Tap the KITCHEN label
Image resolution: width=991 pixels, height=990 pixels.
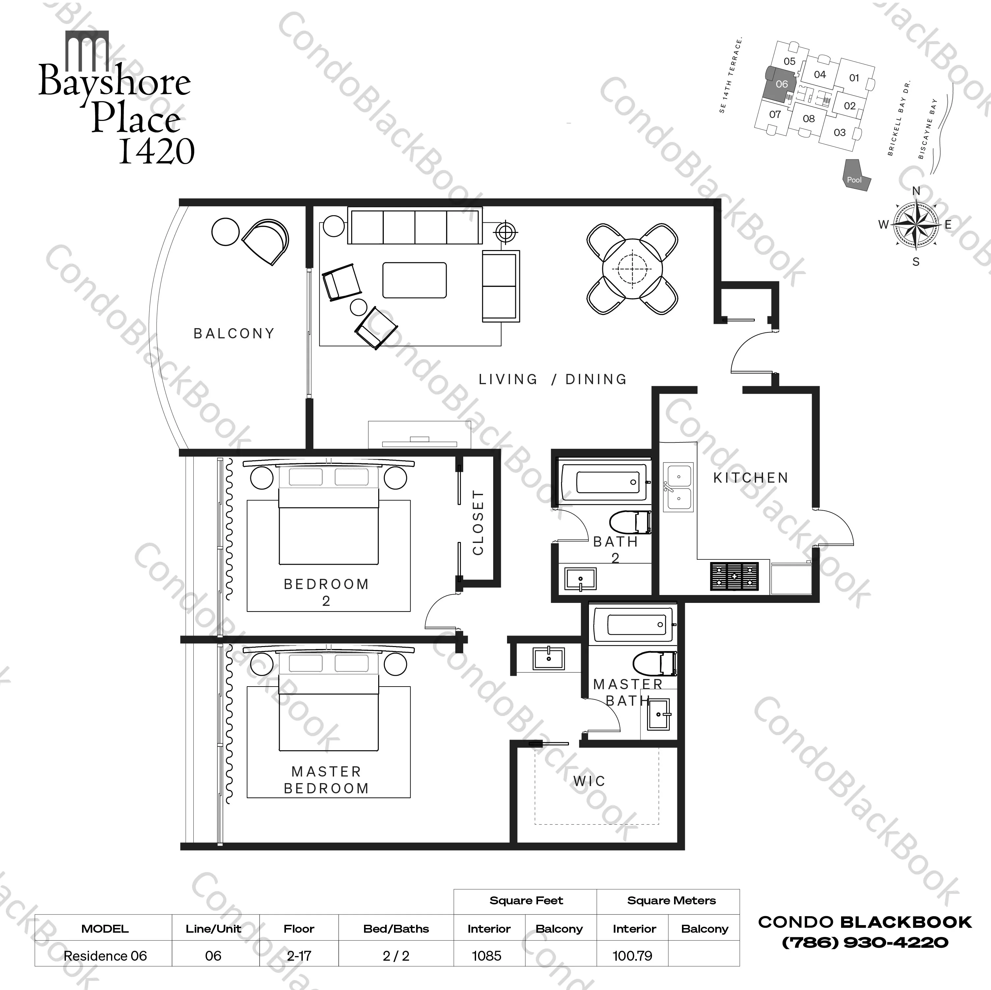750,478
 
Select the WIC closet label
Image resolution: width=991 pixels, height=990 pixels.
589,781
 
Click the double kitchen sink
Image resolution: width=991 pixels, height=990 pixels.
678,487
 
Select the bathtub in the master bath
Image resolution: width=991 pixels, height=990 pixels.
632,624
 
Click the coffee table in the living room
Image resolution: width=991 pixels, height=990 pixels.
414,280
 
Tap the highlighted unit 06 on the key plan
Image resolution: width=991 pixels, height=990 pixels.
780,85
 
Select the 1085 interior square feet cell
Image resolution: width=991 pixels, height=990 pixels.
487,956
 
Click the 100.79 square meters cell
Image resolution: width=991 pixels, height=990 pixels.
633,956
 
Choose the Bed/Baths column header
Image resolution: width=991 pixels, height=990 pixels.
396,928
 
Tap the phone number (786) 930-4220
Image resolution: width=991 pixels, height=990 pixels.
865,942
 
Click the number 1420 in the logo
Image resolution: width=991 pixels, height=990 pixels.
156,151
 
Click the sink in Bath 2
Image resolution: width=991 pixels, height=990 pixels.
580,579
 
